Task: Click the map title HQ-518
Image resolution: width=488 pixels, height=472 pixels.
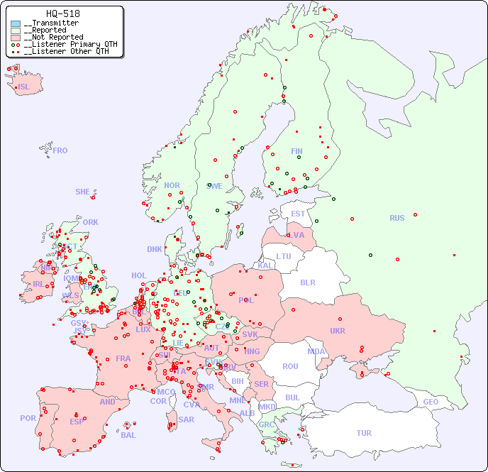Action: (x=62, y=13)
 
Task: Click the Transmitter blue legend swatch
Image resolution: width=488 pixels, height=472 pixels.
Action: (x=16, y=23)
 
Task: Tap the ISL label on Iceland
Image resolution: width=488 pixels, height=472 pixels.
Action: (x=23, y=87)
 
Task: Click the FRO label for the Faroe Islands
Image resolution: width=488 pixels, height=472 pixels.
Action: (x=60, y=150)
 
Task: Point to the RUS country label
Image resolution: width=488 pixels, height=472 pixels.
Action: (x=396, y=218)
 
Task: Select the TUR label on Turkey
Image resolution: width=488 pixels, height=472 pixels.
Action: (x=364, y=433)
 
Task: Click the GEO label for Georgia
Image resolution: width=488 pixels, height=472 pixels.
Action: (x=431, y=402)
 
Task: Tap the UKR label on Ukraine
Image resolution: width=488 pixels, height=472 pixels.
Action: (x=338, y=331)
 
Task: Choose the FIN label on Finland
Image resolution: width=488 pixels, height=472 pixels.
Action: (x=296, y=151)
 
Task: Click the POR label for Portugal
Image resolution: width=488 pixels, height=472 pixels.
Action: (x=28, y=418)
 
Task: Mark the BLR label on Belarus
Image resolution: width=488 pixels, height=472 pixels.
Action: (x=308, y=282)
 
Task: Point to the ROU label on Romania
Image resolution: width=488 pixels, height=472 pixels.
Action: (x=290, y=366)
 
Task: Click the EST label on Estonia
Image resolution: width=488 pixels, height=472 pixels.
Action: (x=298, y=214)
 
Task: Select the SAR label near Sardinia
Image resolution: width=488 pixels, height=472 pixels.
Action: (x=187, y=419)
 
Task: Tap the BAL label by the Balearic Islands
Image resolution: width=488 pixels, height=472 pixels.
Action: (x=128, y=435)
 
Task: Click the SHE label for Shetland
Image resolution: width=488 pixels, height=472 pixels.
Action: (x=83, y=192)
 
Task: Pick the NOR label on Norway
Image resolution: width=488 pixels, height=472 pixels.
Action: (x=172, y=185)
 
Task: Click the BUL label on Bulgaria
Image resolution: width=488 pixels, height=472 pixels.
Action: (x=292, y=397)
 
